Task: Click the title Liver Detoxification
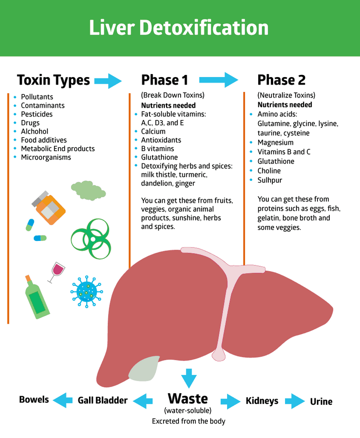179,28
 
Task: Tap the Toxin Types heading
53,80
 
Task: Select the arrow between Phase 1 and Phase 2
218,80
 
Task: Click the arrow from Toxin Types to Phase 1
108,80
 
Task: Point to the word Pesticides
37,114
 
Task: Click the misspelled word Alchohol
35,131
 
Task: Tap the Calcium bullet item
153,131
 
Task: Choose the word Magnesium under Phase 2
275,142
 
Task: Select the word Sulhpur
270,180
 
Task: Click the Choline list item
269,171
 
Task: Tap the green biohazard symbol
90,239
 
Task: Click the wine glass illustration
56,271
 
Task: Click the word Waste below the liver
188,399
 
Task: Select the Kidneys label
262,401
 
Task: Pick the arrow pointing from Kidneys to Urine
295,401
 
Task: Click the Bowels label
34,399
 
